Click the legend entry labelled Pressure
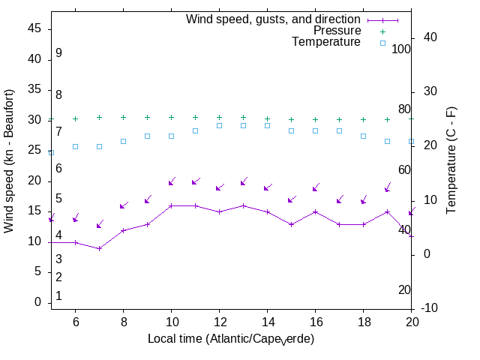click(337, 31)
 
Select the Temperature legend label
click(326, 42)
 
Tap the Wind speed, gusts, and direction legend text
click(274, 19)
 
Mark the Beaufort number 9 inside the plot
click(58, 53)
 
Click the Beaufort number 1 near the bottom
click(58, 296)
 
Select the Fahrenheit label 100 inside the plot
click(401, 49)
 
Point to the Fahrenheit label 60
click(404, 170)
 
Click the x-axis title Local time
click(230, 339)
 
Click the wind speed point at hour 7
click(99, 247)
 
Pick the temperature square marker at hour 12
click(219, 125)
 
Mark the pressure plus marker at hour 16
click(315, 119)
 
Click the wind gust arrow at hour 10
click(171, 182)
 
